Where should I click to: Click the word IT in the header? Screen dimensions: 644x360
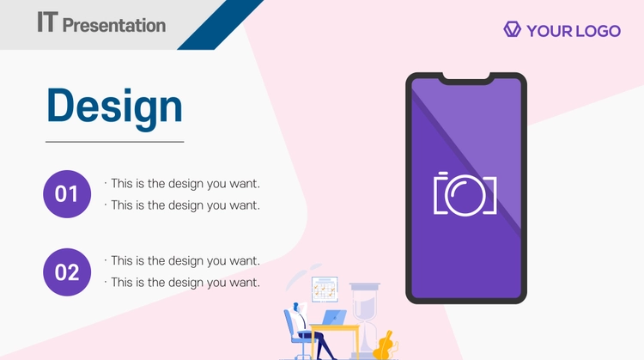pyautogui.click(x=47, y=21)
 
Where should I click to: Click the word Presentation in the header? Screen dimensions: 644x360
pyautogui.click(x=114, y=26)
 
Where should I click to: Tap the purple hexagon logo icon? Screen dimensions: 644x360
pyautogui.click(x=512, y=29)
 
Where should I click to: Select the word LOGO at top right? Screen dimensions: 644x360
pyautogui.click(x=598, y=31)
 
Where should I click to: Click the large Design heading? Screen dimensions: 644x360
pyautogui.click(x=114, y=107)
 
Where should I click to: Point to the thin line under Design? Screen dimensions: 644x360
pyautogui.click(x=114, y=142)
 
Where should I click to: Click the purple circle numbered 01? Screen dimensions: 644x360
pyautogui.click(x=67, y=194)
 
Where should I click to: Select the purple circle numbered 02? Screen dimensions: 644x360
pyautogui.click(x=67, y=272)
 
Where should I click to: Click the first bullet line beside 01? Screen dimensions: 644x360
pyautogui.click(x=182, y=184)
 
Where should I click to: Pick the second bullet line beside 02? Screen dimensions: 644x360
pyautogui.click(x=182, y=283)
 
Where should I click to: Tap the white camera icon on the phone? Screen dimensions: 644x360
pyautogui.click(x=465, y=193)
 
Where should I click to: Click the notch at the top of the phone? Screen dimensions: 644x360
pyautogui.click(x=466, y=78)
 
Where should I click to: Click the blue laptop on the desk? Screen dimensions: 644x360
pyautogui.click(x=334, y=318)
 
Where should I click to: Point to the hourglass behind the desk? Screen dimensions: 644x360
pyautogui.click(x=364, y=320)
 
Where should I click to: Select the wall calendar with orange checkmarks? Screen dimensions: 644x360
pyautogui.click(x=325, y=290)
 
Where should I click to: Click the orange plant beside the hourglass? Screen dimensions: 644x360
pyautogui.click(x=385, y=345)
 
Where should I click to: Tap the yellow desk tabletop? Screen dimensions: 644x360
pyautogui.click(x=335, y=327)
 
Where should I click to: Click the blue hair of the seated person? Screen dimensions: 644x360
pyautogui.click(x=295, y=307)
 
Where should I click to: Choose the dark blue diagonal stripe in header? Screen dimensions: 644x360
pyautogui.click(x=221, y=25)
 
